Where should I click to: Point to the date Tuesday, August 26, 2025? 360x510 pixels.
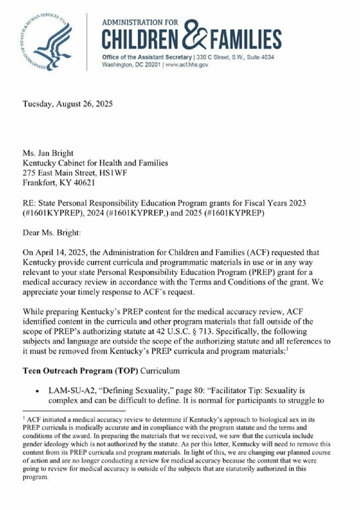[68, 104]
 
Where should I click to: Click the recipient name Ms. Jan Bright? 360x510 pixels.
[48, 153]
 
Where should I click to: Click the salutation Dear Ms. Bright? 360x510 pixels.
[52, 233]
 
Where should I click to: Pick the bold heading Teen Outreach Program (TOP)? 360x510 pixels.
[80, 371]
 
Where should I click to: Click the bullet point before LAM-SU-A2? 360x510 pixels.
[37, 391]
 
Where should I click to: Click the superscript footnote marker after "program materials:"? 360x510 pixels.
[287, 349]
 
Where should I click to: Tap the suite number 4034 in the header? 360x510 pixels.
[268, 57]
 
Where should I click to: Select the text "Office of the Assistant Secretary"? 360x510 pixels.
[147, 57]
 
